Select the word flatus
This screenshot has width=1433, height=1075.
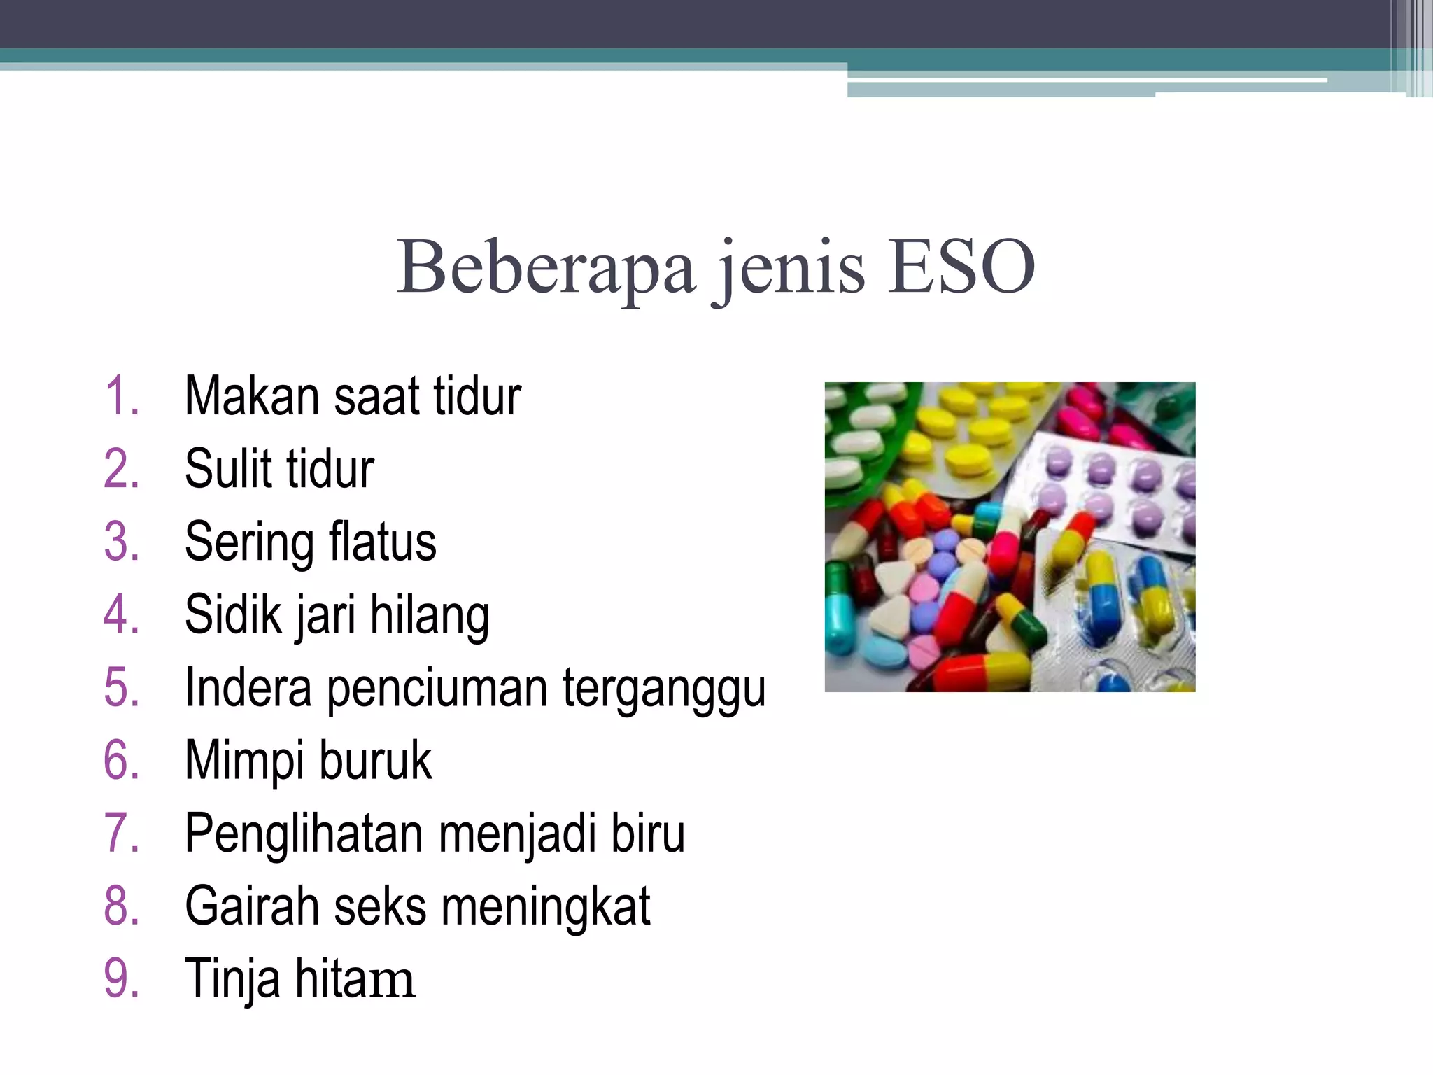click(382, 542)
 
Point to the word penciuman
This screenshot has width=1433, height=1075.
click(437, 689)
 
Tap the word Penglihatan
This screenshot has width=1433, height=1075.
click(304, 834)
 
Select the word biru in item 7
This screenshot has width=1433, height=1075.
click(648, 834)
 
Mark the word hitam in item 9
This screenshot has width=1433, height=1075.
click(355, 979)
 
